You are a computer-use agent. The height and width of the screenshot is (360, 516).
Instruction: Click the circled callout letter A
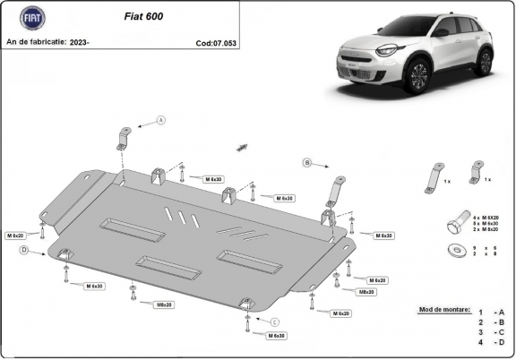click(162, 120)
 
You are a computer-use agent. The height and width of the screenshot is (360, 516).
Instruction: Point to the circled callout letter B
click(306, 162)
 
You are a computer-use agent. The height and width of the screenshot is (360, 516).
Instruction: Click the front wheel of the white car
click(417, 79)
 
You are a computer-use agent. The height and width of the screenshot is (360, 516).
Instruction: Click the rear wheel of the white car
click(485, 62)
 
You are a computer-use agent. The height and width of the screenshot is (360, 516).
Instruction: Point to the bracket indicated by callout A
click(122, 139)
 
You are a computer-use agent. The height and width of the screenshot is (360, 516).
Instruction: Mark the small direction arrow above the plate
click(241, 145)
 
